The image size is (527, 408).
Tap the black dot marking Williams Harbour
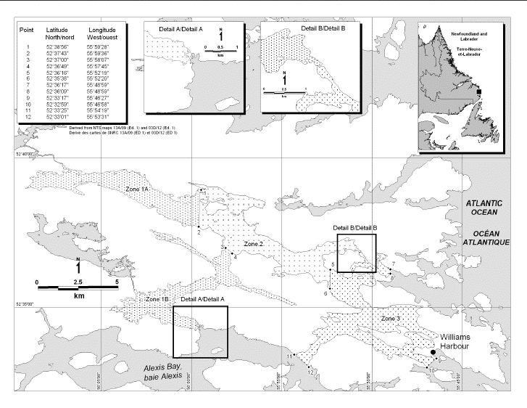tap(433, 352)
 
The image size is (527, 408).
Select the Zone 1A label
tap(137, 189)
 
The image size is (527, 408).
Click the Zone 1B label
tap(157, 300)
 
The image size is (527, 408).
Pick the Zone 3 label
tap(390, 319)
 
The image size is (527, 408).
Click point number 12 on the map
tap(311, 372)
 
